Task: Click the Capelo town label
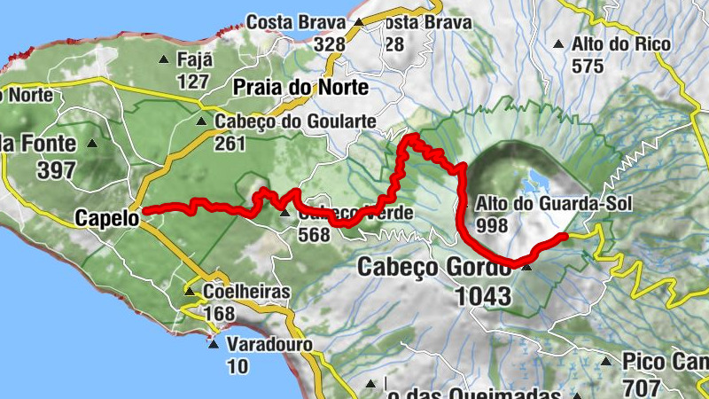point(106,217)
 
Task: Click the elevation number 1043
point(484,296)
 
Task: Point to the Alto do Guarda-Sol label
point(556,203)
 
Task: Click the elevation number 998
point(492,226)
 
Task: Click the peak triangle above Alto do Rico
point(559,43)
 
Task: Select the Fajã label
point(195,60)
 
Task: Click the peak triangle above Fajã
point(163,60)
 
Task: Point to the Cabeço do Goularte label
point(293,121)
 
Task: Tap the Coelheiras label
point(234,291)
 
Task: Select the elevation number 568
point(314,235)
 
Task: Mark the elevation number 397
point(57,170)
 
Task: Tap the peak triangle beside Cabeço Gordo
point(527,266)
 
